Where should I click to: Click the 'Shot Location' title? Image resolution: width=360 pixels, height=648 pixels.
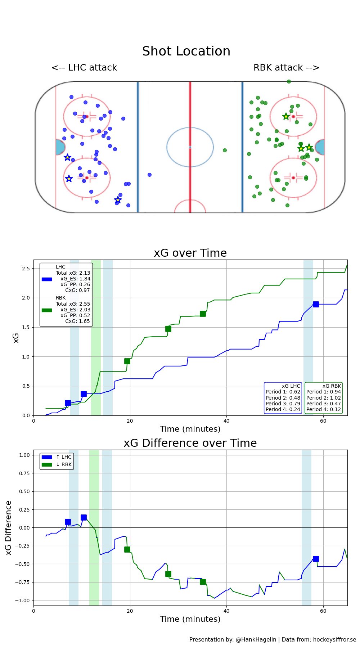click(x=186, y=51)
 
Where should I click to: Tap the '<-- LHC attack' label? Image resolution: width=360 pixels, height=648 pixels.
click(x=84, y=68)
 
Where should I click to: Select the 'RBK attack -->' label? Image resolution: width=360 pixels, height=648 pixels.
click(x=286, y=68)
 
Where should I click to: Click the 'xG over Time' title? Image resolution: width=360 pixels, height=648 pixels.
click(x=190, y=253)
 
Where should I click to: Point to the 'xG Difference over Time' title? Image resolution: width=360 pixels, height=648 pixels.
click(x=190, y=443)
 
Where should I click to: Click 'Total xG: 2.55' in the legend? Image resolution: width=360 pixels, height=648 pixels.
click(x=73, y=304)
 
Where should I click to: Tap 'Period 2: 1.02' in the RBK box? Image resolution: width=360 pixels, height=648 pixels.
click(x=323, y=398)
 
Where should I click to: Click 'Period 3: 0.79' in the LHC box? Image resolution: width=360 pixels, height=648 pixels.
click(x=283, y=404)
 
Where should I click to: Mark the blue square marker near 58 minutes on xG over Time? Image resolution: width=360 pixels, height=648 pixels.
click(x=316, y=304)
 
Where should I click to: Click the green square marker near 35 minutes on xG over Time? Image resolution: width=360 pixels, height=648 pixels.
click(x=203, y=314)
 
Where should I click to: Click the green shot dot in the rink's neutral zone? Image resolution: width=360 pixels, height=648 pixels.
click(x=225, y=150)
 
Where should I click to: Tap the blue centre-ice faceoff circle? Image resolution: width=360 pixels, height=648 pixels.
click(x=190, y=147)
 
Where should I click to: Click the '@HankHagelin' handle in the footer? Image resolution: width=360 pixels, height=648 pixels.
click(x=256, y=640)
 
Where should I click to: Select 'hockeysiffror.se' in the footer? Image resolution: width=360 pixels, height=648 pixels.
click(x=334, y=640)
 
